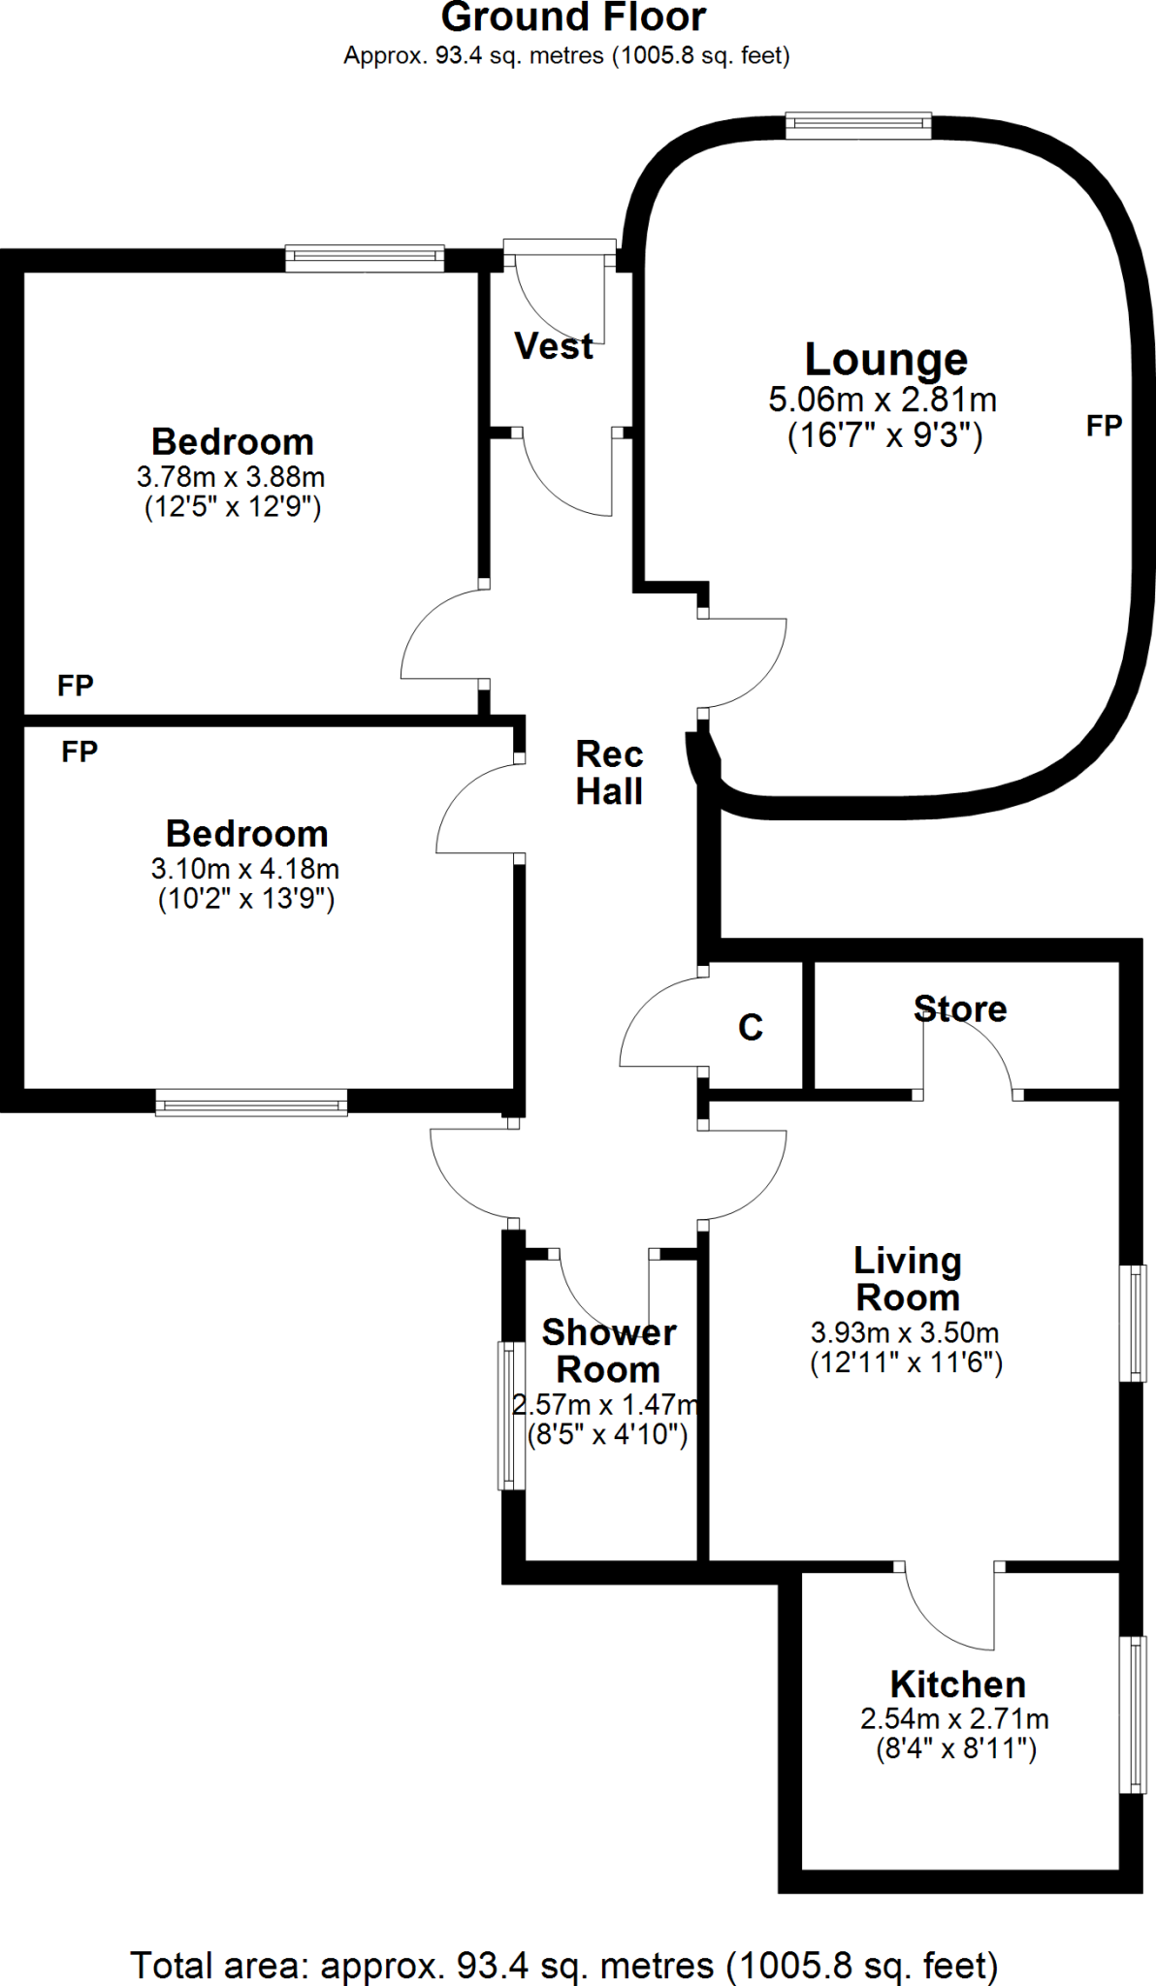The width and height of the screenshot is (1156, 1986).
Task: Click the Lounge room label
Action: click(885, 360)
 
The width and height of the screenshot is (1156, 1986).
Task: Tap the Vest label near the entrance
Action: click(554, 346)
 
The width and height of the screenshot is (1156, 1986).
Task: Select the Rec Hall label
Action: click(609, 773)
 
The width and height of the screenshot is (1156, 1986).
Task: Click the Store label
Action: click(960, 1009)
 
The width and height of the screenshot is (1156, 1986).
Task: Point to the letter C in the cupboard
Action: click(751, 1027)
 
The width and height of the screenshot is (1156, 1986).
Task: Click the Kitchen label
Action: click(957, 1684)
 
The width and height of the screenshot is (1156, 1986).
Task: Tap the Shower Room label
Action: click(609, 1351)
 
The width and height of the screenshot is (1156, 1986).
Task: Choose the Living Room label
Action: click(908, 1278)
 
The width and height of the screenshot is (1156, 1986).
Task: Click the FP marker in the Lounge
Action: click(1104, 426)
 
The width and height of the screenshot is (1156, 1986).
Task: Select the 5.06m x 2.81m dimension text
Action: click(883, 400)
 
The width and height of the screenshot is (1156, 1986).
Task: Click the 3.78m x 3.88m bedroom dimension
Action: click(231, 477)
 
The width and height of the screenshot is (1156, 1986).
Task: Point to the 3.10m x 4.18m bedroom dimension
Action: click(245, 869)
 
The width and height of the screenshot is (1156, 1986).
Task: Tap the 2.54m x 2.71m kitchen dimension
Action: click(954, 1719)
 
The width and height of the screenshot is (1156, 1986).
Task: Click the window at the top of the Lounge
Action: click(858, 124)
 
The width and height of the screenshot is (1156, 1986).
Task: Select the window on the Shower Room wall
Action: click(510, 1415)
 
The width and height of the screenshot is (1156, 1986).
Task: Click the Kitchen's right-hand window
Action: click(1132, 1714)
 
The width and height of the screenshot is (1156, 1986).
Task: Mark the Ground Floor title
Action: click(573, 18)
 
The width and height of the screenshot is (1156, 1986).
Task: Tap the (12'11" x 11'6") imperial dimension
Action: click(906, 1363)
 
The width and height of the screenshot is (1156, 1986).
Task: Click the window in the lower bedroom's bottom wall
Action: click(251, 1103)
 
